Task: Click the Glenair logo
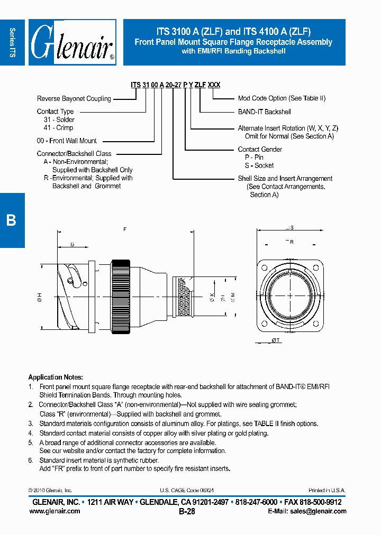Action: click(72, 42)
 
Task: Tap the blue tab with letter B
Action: click(12, 220)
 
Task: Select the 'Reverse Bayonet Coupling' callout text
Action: click(74, 99)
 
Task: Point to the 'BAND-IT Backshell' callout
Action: click(264, 112)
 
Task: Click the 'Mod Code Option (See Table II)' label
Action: click(282, 98)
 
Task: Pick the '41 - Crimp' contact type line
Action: click(58, 128)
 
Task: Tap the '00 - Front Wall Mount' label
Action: click(67, 141)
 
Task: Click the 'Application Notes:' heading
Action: click(56, 377)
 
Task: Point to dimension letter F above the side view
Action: click(125, 229)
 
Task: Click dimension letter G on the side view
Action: click(72, 244)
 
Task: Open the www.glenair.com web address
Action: click(55, 511)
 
